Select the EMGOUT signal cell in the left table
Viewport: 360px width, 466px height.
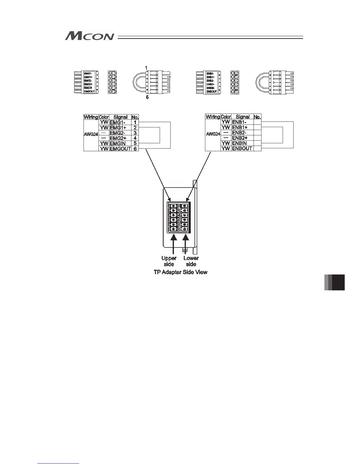[x=120, y=149]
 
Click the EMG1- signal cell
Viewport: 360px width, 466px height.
[x=120, y=122]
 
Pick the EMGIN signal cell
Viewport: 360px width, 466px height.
[x=120, y=144]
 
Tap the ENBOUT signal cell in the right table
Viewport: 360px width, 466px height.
[x=242, y=149]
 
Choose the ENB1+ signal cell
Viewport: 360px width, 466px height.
[x=242, y=127]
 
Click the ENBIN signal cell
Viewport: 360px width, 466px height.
[x=242, y=143]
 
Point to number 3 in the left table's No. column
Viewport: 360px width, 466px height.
[x=135, y=133]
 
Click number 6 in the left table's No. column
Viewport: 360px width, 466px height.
[x=135, y=149]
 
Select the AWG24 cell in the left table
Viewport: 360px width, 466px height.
[x=91, y=134]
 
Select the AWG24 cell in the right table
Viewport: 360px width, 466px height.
[x=213, y=134]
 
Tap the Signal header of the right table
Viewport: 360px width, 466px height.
[x=242, y=117]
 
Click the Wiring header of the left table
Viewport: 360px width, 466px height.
[x=91, y=117]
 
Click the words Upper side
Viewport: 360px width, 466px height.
[x=169, y=261]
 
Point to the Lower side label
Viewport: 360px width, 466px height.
[x=191, y=261]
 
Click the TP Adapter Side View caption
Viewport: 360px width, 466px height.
[x=180, y=272]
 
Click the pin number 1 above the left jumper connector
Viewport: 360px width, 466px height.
[x=146, y=68]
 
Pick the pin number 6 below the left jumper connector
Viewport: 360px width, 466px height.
[x=147, y=97]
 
